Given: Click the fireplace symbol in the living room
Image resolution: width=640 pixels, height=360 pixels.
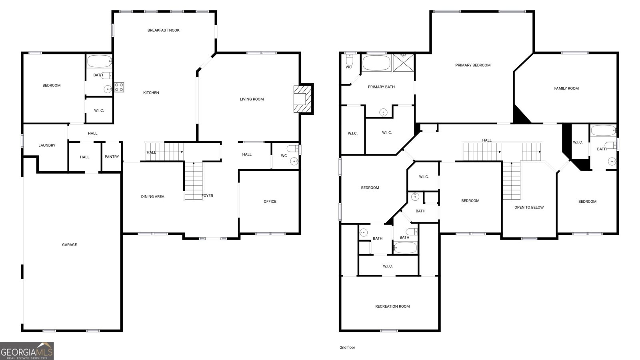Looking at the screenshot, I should click(x=302, y=99).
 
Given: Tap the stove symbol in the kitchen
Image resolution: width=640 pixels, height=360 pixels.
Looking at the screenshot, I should click(x=119, y=87).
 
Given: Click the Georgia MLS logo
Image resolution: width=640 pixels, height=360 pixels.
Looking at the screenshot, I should click(x=27, y=351).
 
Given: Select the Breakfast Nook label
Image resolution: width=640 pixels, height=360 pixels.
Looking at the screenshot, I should click(x=163, y=30).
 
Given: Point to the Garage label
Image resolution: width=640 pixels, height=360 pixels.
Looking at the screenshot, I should click(x=69, y=245).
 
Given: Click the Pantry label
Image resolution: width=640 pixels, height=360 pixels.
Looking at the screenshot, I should click(x=112, y=157).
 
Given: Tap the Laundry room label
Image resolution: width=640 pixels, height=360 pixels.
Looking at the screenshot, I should click(x=47, y=146).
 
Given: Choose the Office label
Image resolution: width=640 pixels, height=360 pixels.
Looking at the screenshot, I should click(x=270, y=202).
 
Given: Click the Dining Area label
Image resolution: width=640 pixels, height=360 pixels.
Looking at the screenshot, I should click(x=152, y=197).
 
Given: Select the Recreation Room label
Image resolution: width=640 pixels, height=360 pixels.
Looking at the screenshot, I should click(x=392, y=306).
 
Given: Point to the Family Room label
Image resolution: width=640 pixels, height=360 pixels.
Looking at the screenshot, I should click(x=566, y=88).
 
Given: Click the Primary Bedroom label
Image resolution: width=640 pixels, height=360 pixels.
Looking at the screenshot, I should click(x=473, y=65).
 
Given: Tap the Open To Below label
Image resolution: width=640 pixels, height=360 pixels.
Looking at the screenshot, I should click(x=529, y=208).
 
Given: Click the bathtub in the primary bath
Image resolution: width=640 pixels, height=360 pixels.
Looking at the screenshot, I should click(x=376, y=63).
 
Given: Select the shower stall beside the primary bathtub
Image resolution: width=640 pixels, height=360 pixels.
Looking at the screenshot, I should click(x=403, y=62).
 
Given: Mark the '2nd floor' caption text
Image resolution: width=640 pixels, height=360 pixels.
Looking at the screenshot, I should click(x=348, y=348).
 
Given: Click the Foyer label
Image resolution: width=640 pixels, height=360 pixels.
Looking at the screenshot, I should click(x=207, y=196).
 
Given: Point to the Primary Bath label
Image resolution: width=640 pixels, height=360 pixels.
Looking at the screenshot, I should click(x=381, y=87).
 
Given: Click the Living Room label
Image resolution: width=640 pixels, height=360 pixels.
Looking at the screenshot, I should click(x=252, y=99).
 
